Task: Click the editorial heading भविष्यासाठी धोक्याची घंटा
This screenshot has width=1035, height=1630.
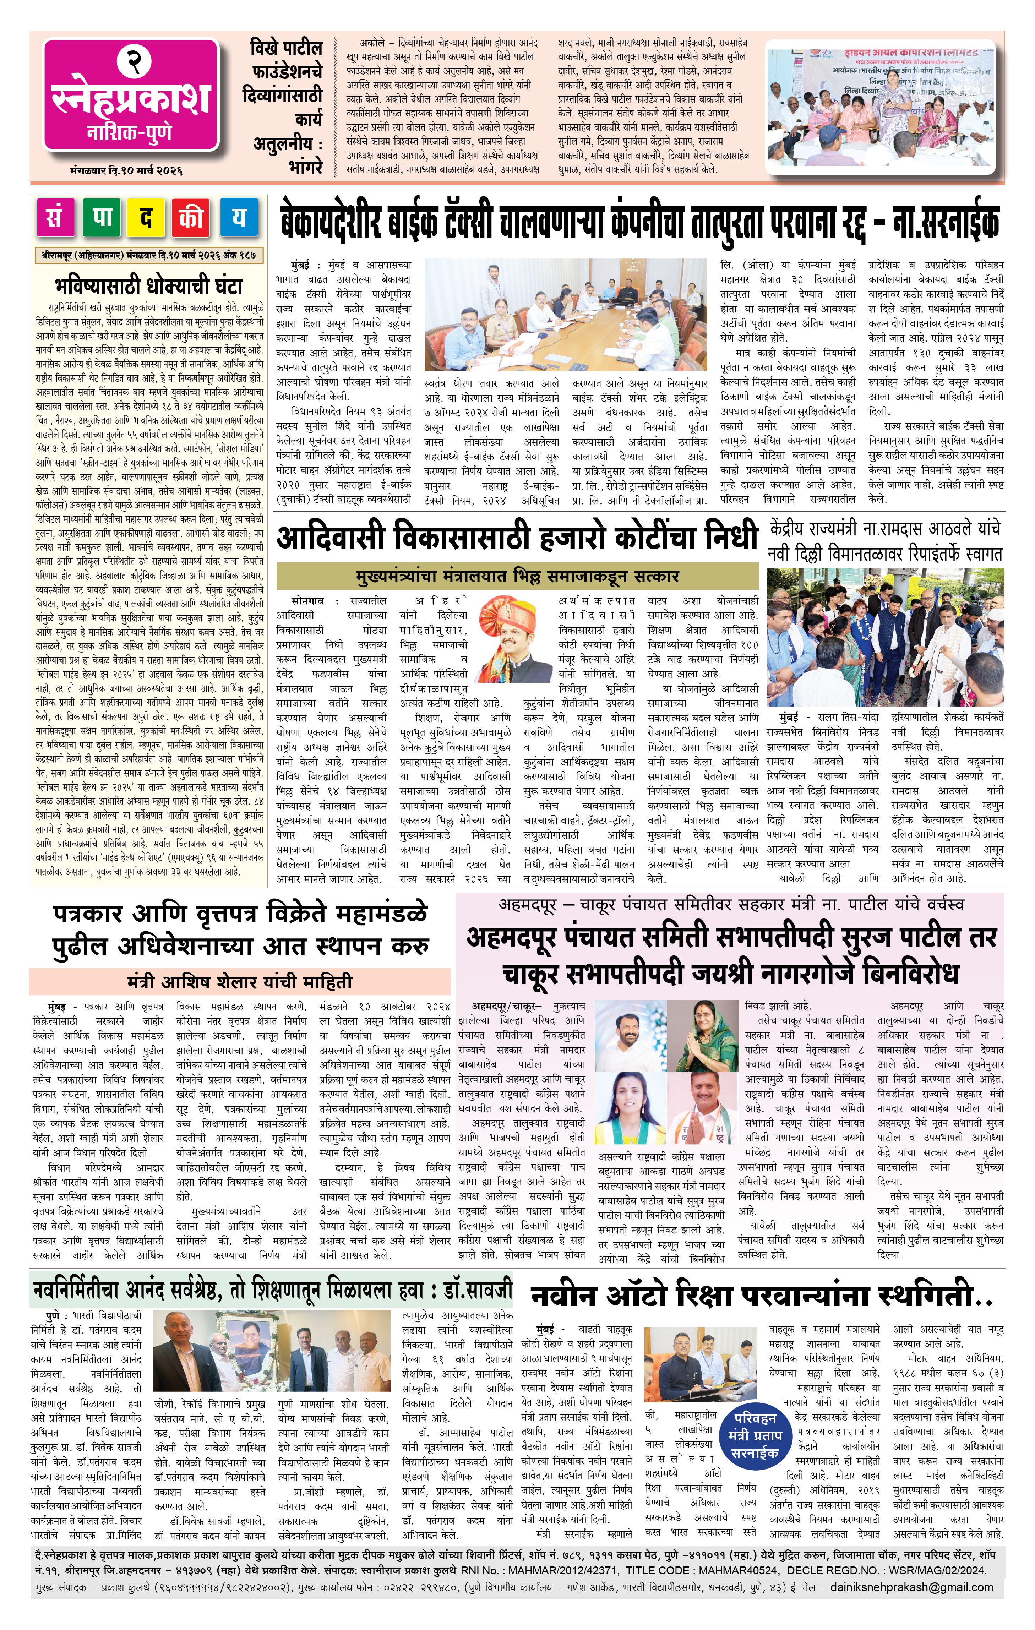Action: (148, 285)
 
